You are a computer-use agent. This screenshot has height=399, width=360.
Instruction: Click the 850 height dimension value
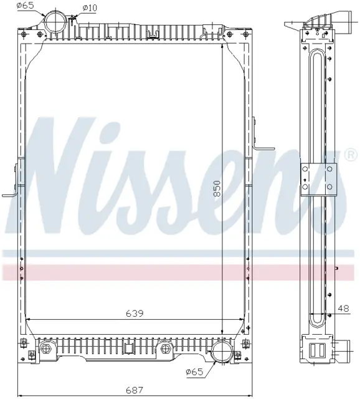[217, 188]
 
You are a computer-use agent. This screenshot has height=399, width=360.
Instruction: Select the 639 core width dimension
[135, 313]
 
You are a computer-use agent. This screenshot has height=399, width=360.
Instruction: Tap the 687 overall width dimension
[135, 390]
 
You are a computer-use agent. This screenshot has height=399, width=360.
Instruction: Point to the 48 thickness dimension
[343, 309]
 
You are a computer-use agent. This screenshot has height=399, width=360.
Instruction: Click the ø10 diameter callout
[89, 8]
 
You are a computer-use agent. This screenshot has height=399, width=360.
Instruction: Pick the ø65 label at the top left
[25, 6]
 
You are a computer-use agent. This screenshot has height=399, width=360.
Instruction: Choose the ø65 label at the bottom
[194, 372]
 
